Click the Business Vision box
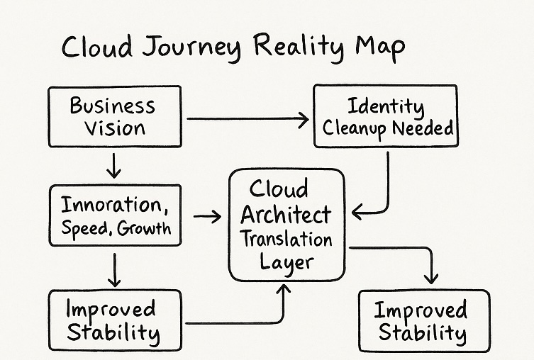(114, 117)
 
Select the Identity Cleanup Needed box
(385, 117)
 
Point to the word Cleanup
(354, 129)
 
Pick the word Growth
(144, 228)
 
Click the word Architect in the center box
(287, 215)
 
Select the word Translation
(287, 239)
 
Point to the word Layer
(286, 262)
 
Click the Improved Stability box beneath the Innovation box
(114, 320)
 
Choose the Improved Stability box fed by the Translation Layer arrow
(423, 321)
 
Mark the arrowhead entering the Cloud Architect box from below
(284, 289)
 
